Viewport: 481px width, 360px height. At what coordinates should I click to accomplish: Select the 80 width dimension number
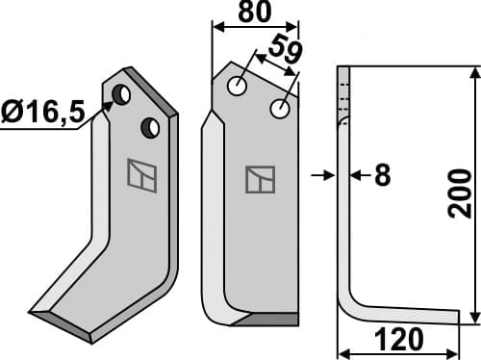(252, 13)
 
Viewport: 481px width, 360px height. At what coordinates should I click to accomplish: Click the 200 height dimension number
(461, 193)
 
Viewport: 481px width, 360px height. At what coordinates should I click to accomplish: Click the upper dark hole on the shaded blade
(123, 94)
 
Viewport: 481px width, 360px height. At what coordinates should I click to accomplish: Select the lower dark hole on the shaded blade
(149, 126)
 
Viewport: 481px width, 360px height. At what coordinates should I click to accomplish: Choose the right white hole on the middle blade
(279, 110)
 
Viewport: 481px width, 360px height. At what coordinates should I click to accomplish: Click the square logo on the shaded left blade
(141, 174)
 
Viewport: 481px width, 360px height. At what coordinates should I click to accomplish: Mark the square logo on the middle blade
(260, 180)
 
